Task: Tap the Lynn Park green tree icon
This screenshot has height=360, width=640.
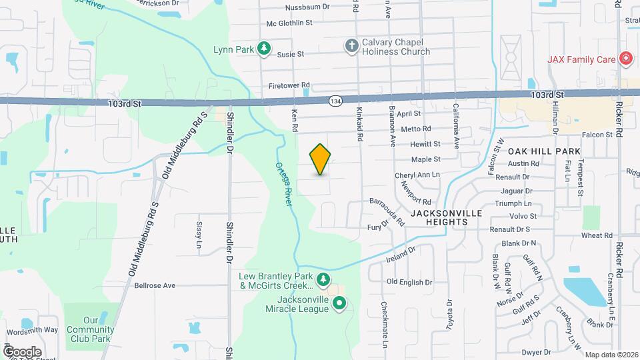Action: [x=265, y=48]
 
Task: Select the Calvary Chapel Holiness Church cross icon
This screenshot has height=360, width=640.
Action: [x=351, y=45]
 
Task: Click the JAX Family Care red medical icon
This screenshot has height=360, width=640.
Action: [x=625, y=59]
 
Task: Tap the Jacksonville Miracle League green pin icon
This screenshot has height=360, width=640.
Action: [x=339, y=304]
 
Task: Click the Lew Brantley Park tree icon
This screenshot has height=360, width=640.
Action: [x=323, y=278]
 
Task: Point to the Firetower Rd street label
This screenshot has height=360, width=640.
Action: [x=289, y=85]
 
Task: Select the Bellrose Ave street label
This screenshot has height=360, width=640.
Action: [x=155, y=285]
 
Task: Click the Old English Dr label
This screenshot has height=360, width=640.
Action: [x=414, y=282]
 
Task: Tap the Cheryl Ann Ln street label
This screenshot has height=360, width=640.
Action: [x=417, y=175]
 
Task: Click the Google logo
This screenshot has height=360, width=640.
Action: [x=22, y=351]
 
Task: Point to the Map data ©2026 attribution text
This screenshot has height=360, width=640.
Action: [x=611, y=355]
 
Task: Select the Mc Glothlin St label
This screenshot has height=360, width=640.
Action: [x=289, y=23]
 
